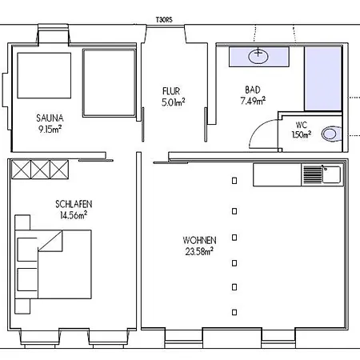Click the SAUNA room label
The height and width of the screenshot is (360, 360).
point(50,118)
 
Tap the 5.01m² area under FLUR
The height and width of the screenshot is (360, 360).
point(174,102)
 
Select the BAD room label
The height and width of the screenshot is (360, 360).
point(253,90)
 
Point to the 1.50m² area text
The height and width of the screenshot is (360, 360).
point(302,134)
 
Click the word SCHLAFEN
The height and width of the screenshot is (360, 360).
point(74,204)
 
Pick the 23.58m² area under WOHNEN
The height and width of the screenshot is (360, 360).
point(199,251)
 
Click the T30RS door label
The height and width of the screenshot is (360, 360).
point(164,20)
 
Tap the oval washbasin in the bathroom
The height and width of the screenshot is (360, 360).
point(258,56)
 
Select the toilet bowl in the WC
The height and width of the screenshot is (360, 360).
point(330,134)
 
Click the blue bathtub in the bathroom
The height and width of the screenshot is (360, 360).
point(323,78)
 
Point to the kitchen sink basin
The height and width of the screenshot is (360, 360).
point(331,174)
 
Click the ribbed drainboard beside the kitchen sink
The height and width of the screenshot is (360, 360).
point(313,174)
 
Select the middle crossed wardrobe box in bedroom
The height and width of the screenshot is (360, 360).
point(40,170)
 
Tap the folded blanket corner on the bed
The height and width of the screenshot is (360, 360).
point(50,241)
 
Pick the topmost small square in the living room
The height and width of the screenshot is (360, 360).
point(234,181)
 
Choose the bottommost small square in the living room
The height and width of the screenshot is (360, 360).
point(234,312)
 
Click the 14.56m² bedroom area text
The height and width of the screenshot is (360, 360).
point(74,215)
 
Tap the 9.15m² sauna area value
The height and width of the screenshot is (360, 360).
point(50,130)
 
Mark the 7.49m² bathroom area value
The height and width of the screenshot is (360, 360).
point(253,101)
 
